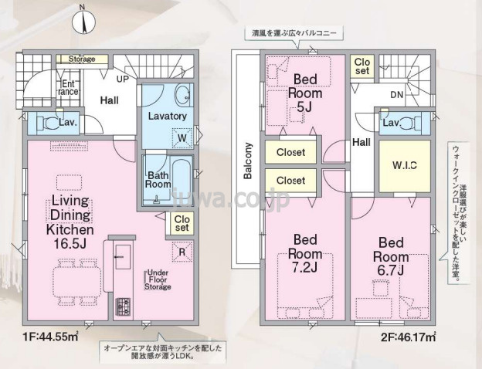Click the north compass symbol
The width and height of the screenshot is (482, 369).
tap(84, 22)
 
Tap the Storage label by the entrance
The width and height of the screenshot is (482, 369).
tap(81, 59)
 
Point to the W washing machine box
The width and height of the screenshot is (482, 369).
tap(183, 139)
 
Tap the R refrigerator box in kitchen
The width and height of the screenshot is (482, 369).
tap(181, 251)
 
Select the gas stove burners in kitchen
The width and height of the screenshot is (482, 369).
tap(124, 306)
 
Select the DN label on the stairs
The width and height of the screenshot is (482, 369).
tap(395, 95)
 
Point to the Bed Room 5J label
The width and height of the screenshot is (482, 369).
tap(300, 92)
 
